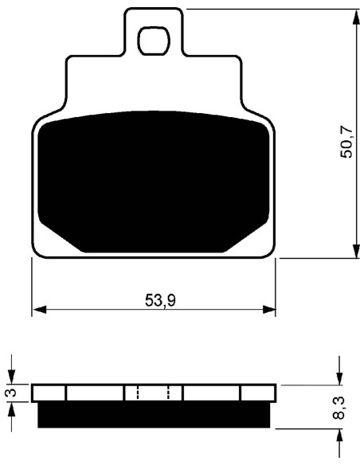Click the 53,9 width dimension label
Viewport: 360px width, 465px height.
coord(160,300)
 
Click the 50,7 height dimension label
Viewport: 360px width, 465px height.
coord(346,142)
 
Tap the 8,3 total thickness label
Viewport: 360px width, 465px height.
coord(338,408)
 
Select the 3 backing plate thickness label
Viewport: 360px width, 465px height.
coord(11,393)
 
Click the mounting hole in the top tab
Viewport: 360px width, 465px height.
coord(154,41)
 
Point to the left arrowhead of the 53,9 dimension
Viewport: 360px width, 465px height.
coord(40,309)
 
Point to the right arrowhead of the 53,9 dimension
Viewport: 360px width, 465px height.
coord(268,309)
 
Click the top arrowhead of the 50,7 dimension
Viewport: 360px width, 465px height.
coord(355,17)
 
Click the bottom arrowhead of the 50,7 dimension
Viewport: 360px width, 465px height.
coord(355,251)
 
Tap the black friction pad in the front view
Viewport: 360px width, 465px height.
coord(154,182)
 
